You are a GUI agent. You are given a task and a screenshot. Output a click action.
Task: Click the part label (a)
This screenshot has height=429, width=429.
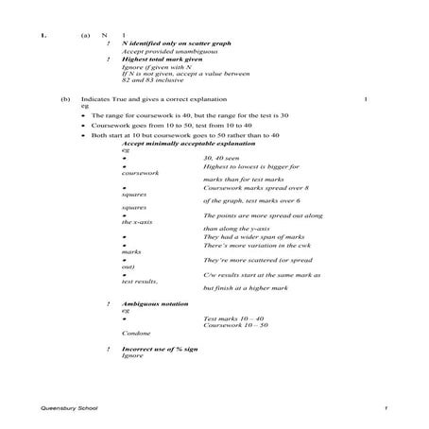coord(85,36)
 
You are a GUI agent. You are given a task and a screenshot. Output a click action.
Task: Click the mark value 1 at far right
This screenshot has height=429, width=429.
coord(364,98)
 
